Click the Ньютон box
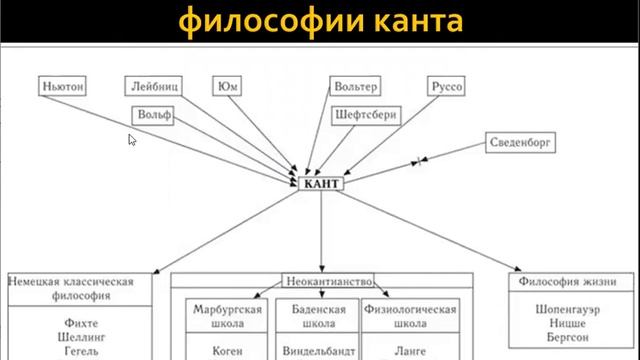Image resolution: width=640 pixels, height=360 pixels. click(63, 86)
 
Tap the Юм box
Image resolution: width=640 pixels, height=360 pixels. click(227, 86)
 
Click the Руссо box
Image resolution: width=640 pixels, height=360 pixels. click(445, 86)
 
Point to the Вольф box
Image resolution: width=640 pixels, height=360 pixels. click(155, 115)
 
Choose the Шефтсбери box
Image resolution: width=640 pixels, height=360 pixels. click(365, 115)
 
